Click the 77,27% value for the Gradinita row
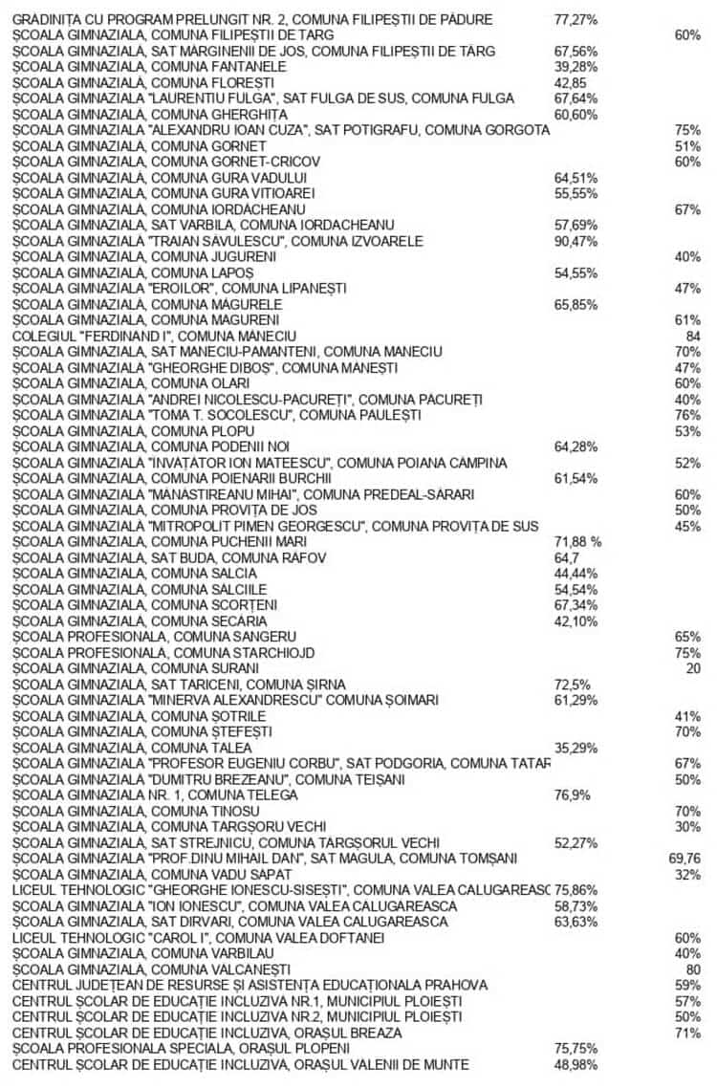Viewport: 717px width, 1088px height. [x=576, y=19]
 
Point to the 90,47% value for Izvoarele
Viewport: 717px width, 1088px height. [x=576, y=241]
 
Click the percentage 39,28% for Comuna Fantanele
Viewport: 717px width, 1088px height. [x=576, y=66]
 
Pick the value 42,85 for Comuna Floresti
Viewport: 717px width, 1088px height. [x=571, y=82]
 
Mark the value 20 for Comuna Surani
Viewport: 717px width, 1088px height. [x=693, y=668]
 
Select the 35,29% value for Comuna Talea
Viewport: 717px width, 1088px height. [x=576, y=748]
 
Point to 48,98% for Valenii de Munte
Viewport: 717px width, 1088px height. [x=576, y=1064]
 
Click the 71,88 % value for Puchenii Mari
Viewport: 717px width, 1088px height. [x=577, y=542]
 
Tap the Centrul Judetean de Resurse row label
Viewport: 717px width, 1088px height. [x=250, y=985]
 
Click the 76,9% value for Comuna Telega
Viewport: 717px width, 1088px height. [x=572, y=795]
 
